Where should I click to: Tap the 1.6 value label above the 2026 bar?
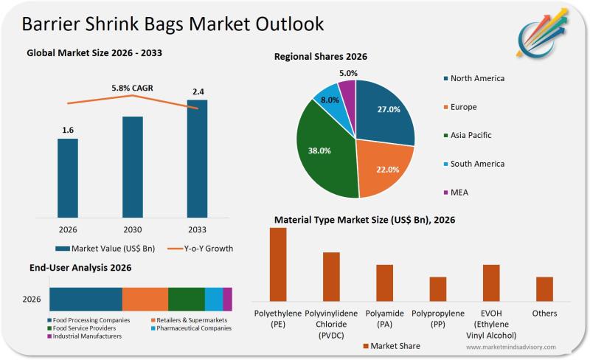[x=68, y=131]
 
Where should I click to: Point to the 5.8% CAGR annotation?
[x=132, y=89]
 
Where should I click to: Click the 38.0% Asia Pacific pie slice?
[x=322, y=151]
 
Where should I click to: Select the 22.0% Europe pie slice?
[x=385, y=168]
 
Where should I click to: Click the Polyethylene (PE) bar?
[x=278, y=264]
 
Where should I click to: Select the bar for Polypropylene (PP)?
[x=438, y=288]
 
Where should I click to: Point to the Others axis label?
[x=544, y=314]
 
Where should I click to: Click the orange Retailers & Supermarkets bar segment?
[x=145, y=299]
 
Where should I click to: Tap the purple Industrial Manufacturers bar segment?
[x=227, y=299]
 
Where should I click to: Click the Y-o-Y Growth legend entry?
[x=198, y=249]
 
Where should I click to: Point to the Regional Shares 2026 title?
[x=321, y=57]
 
